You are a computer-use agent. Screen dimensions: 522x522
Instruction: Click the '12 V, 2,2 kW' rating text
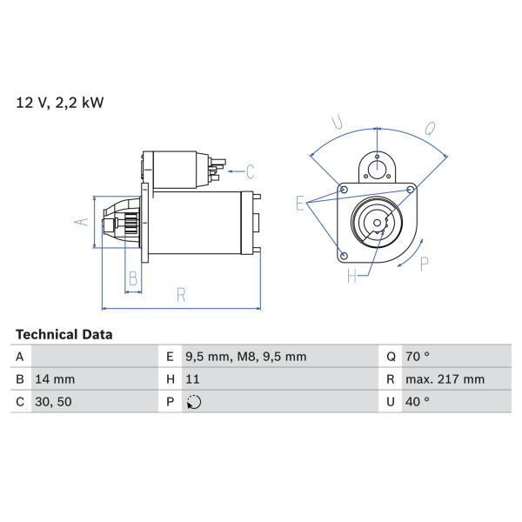click(x=60, y=103)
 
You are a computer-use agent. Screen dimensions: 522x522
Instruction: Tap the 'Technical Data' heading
click(x=64, y=335)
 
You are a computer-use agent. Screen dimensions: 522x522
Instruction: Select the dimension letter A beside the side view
click(x=82, y=222)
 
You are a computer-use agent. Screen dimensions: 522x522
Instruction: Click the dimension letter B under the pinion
click(x=133, y=278)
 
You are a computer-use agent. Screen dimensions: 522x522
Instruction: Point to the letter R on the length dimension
click(x=181, y=295)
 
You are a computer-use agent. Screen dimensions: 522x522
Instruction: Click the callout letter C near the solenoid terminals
click(x=251, y=171)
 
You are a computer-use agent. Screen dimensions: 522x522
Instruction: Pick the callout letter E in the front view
click(x=300, y=204)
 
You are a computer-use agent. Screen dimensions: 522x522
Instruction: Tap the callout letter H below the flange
click(x=351, y=276)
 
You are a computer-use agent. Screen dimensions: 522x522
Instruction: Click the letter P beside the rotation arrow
click(x=425, y=264)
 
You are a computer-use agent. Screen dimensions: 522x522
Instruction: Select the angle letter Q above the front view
click(x=430, y=129)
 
